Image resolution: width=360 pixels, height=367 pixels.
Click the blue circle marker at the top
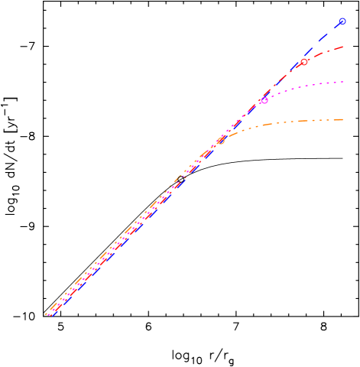click(x=342, y=21)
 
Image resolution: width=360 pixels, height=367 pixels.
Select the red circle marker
click(x=303, y=62)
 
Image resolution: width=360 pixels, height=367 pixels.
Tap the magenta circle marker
click(x=264, y=100)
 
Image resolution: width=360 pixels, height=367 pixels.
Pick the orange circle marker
click(x=221, y=141)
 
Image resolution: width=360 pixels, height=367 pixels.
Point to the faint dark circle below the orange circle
click(x=181, y=178)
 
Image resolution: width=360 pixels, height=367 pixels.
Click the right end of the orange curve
click(x=342, y=119)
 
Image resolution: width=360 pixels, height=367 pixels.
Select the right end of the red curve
click(x=342, y=47)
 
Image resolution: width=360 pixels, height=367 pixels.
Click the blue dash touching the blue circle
click(x=335, y=29)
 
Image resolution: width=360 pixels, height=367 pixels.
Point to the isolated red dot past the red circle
click(x=313, y=56)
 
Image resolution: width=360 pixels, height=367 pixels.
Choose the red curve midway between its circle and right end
click(x=323, y=53)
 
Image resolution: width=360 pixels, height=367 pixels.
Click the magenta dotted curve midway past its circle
click(x=303, y=86)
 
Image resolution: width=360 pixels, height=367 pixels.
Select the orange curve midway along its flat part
click(x=306, y=120)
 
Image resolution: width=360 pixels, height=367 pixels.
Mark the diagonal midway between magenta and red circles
click(x=284, y=80)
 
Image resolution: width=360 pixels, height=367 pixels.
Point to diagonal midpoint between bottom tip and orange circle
click(x=135, y=227)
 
